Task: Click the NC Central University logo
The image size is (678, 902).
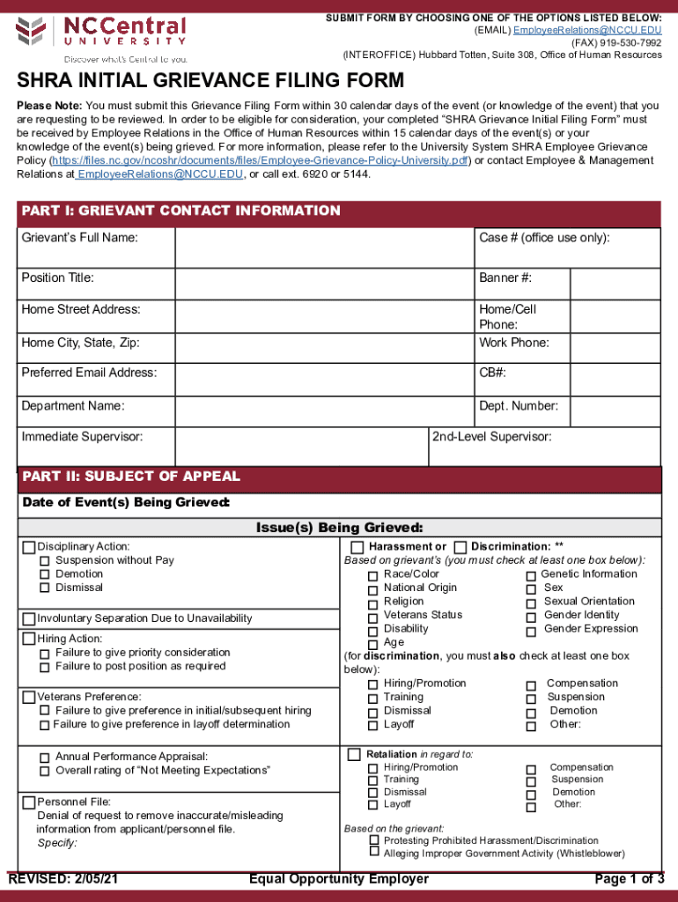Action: [101, 38]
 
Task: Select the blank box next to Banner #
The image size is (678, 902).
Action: [615, 284]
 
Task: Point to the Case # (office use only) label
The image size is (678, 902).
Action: [544, 238]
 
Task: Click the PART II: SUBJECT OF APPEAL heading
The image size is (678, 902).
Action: [130, 477]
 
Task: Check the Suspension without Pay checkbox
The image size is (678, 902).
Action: [44, 561]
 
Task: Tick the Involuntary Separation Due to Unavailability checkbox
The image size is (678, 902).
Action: [29, 618]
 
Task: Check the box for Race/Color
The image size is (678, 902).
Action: [372, 576]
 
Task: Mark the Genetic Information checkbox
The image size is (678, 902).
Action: [531, 576]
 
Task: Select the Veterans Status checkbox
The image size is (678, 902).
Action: [372, 617]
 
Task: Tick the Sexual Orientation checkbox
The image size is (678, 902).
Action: [531, 603]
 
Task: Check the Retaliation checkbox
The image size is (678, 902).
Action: [354, 755]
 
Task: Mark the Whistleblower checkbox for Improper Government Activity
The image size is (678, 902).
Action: [374, 852]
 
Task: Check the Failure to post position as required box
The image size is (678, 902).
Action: [44, 667]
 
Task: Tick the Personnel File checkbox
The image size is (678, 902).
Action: [29, 802]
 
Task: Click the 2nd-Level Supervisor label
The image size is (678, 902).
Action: [491, 437]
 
